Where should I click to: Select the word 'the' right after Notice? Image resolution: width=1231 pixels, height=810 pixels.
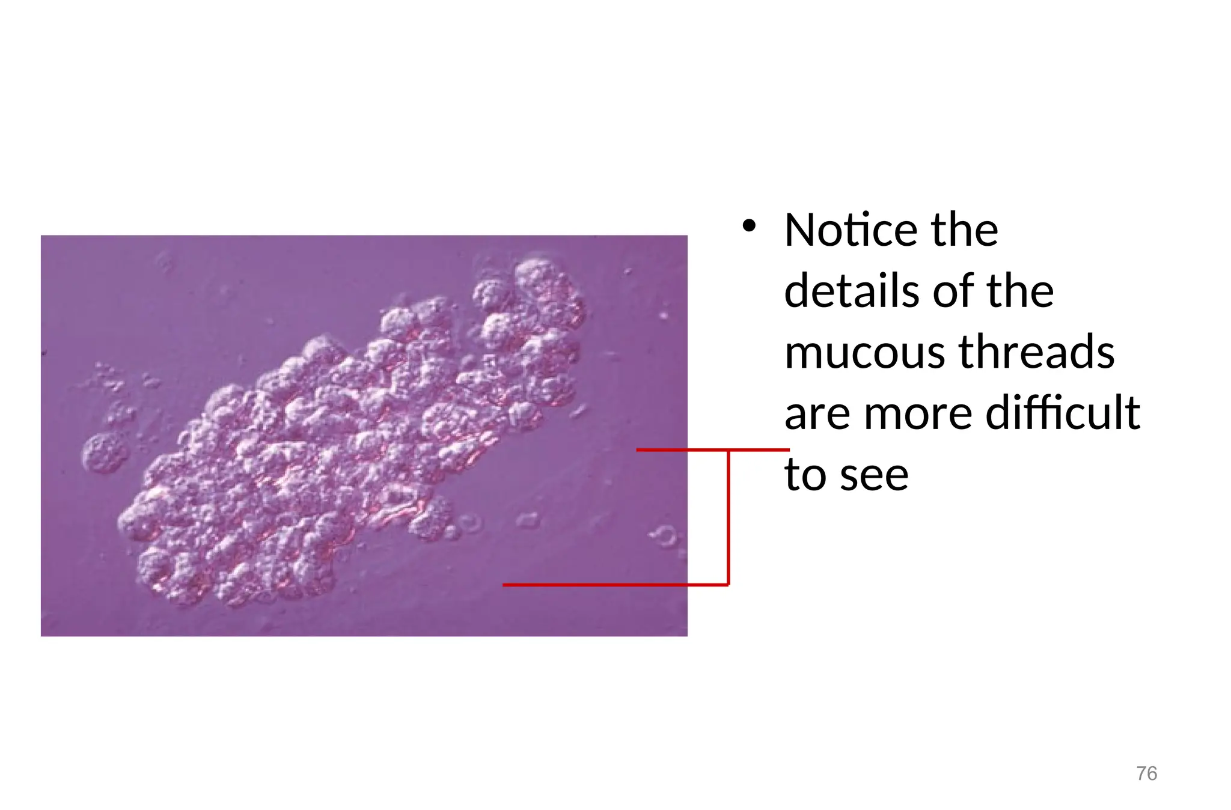(x=964, y=230)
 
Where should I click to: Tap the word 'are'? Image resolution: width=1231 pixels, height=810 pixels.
(x=818, y=414)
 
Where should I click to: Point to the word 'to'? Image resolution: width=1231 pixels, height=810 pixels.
(x=806, y=475)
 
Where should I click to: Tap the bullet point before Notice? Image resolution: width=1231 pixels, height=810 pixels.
(x=748, y=227)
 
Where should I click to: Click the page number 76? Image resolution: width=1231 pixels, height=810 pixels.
(x=1146, y=773)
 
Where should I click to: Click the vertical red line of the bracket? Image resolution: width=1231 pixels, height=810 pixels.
(x=729, y=517)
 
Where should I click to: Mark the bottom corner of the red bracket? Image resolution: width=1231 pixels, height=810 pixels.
(x=729, y=584)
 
